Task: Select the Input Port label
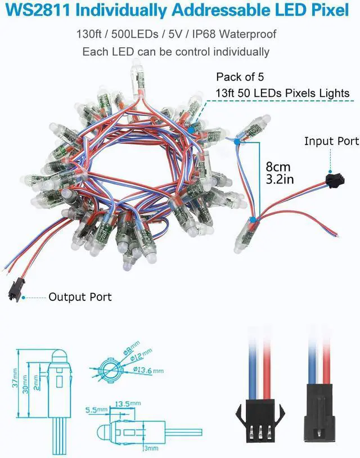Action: (x=331, y=141)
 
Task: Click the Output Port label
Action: (x=80, y=297)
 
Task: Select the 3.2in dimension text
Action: (x=279, y=181)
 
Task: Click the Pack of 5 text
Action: (x=240, y=77)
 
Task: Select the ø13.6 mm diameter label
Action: (x=149, y=370)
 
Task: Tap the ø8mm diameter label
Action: (x=130, y=343)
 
